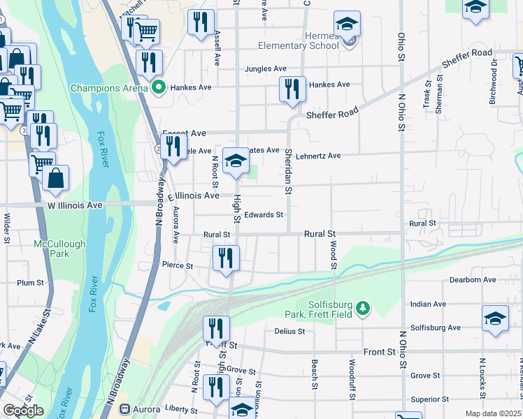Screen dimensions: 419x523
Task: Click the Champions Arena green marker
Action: pos(158,88)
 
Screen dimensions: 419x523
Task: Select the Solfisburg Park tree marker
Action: pos(362,308)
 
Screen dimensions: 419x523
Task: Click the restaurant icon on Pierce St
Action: pos(226,258)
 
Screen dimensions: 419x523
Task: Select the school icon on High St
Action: pos(236,162)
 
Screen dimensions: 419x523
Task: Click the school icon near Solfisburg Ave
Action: pos(495,318)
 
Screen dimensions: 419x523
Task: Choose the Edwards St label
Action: pos(264,215)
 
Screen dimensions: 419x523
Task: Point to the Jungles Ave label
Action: pos(266,69)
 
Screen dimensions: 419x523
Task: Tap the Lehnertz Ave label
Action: pos(317,156)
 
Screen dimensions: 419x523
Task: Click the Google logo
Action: pos(24,411)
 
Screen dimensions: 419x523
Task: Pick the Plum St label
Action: pos(31,283)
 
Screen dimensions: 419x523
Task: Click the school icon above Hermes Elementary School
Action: pos(347,24)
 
